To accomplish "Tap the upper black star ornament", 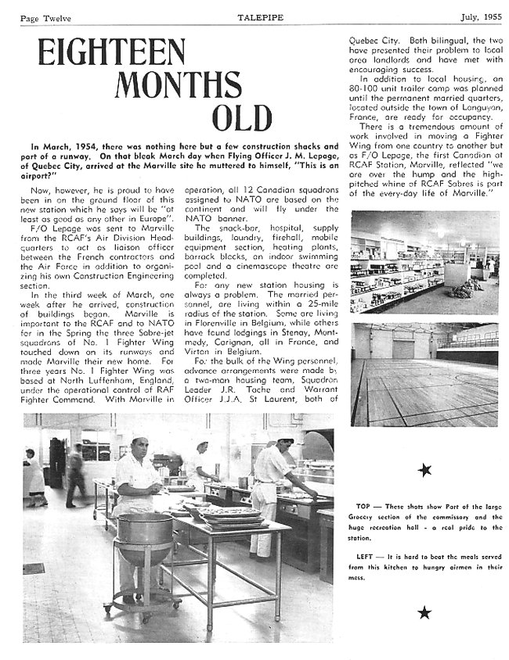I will click(x=424, y=469).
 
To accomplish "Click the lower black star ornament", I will click(x=424, y=612).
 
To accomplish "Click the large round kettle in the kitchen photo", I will click(x=145, y=532).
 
